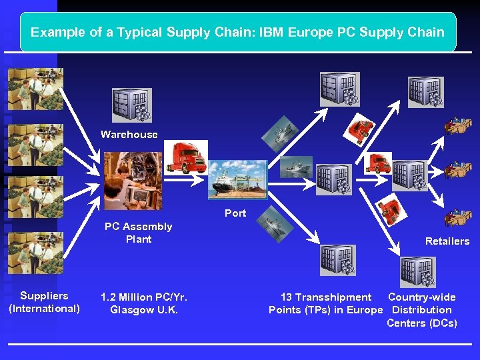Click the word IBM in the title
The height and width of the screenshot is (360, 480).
(x=271, y=32)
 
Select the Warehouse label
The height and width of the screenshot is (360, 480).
(x=129, y=135)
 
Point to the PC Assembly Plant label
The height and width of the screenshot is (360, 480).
(x=138, y=233)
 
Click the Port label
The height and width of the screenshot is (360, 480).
(x=235, y=213)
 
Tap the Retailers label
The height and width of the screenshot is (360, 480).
(x=447, y=241)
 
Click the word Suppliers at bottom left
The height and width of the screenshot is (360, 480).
(x=44, y=296)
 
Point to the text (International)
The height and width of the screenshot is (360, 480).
(x=44, y=309)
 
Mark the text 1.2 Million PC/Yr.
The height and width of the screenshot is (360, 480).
(x=144, y=297)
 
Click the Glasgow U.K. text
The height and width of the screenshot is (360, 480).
(x=144, y=310)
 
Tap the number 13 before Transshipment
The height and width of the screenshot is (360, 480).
(x=286, y=297)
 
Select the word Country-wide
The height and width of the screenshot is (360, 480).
(x=422, y=297)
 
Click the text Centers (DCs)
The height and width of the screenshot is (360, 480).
(x=422, y=323)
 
